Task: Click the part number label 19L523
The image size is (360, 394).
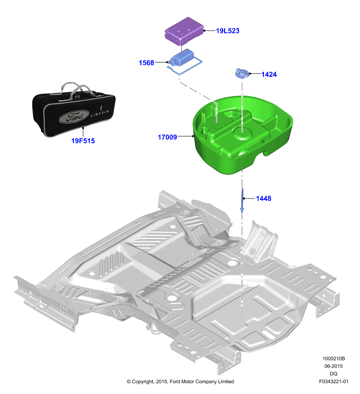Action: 228,31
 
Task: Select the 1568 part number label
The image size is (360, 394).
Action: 146,63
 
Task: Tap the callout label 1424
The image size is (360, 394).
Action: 269,74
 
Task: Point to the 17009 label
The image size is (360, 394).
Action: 167,137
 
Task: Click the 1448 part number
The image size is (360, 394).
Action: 263,198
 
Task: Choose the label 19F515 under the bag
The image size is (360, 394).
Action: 83,141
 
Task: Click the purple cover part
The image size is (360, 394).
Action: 184,31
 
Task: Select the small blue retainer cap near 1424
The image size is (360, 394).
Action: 242,73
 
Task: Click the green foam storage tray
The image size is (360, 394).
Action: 243,134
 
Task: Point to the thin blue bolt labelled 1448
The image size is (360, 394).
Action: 242,200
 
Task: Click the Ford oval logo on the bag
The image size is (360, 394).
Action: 74,117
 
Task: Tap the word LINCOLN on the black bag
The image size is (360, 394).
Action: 100,113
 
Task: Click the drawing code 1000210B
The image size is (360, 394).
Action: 333,359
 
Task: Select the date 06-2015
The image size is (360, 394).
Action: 333,366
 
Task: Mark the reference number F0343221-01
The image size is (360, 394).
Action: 333,381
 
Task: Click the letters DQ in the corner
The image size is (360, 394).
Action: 333,374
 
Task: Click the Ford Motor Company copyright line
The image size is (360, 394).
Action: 180,381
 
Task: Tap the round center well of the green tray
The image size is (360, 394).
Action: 242,133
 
